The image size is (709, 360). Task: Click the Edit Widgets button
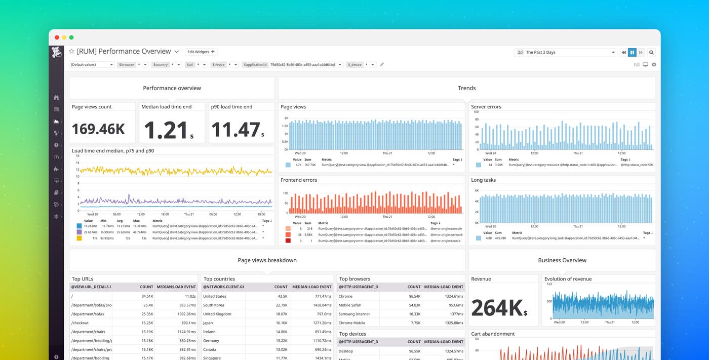click(201, 52)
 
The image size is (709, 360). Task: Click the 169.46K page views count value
click(98, 129)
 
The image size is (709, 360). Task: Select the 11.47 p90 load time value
click(236, 130)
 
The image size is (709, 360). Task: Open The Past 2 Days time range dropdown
click(565, 52)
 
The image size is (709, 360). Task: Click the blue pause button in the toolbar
click(632, 52)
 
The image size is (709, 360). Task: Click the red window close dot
click(57, 37)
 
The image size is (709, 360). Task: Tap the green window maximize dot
click(71, 37)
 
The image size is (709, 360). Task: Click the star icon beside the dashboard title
click(72, 52)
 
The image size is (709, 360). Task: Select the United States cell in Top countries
click(215, 296)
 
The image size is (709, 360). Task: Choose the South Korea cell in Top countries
click(213, 305)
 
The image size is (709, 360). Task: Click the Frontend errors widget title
click(299, 180)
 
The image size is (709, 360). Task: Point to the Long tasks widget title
click(483, 180)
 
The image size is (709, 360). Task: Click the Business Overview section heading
click(562, 260)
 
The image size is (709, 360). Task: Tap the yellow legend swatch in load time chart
click(79, 237)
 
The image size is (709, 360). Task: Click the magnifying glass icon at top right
click(651, 52)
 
